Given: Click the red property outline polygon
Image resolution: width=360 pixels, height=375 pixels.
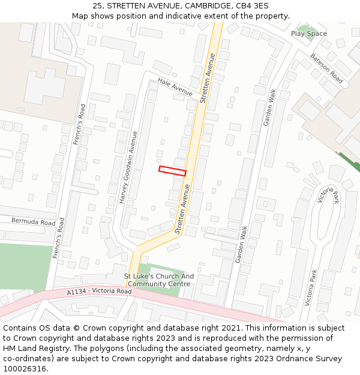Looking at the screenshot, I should tap(172, 171).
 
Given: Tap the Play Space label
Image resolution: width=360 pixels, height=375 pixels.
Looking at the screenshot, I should tap(309, 34).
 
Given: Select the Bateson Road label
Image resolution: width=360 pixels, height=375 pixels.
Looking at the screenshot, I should tap(326, 68).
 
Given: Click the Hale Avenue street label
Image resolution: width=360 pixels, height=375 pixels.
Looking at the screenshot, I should tap(175, 87).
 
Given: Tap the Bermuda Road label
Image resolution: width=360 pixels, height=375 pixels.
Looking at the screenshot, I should tap(33, 221).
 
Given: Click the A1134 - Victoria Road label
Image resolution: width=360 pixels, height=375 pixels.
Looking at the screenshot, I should tap(99, 292).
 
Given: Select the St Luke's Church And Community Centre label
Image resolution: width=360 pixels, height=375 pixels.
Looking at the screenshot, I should tap(159, 280).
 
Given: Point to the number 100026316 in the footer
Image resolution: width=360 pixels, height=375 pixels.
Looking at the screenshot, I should tap(25, 369).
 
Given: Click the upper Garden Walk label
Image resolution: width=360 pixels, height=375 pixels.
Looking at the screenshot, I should tap(269, 107).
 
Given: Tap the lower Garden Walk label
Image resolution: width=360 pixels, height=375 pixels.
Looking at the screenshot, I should tap(241, 244).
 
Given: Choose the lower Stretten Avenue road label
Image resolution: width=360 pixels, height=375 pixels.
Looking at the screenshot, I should tap(182, 209).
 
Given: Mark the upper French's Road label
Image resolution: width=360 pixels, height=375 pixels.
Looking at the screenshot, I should tap(78, 125).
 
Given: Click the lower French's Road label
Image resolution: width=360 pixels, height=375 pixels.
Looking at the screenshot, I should tap(58, 239).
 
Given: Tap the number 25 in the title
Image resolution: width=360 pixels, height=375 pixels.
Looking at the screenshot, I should tap(98, 5).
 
